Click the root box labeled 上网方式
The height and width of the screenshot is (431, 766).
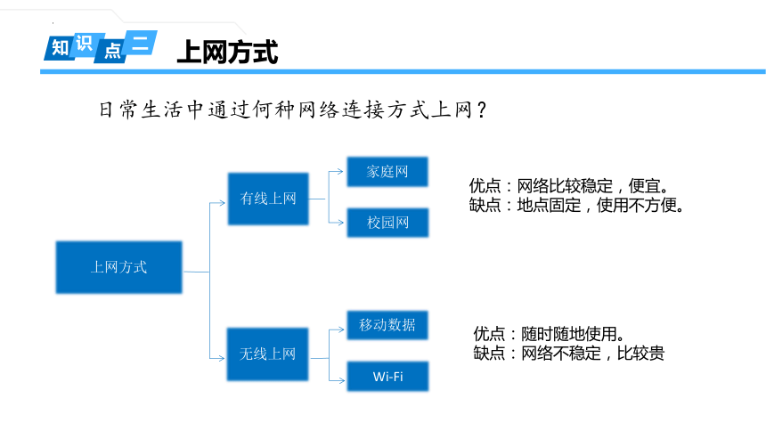click(118, 267)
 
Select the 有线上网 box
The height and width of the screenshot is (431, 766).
click(268, 199)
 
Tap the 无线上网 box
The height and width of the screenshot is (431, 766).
click(268, 354)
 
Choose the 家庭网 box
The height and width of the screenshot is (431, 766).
click(387, 172)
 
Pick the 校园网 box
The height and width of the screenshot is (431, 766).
click(387, 223)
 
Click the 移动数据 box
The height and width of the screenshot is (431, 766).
click(387, 325)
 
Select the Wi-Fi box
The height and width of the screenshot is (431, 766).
click(387, 377)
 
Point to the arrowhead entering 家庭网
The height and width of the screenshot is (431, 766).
click(340, 172)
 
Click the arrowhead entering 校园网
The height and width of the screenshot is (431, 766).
click(340, 223)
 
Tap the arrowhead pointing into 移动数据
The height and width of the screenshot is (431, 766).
click(340, 329)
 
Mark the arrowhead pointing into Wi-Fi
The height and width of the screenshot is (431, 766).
click(340, 380)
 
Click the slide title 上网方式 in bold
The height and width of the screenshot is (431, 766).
click(228, 52)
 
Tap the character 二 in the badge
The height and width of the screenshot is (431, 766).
click(140, 42)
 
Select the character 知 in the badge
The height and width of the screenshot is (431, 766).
click(60, 48)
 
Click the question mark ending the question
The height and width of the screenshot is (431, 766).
click(482, 110)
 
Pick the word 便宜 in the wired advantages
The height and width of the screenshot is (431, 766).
click(644, 186)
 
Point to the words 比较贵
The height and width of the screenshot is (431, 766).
click(640, 353)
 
